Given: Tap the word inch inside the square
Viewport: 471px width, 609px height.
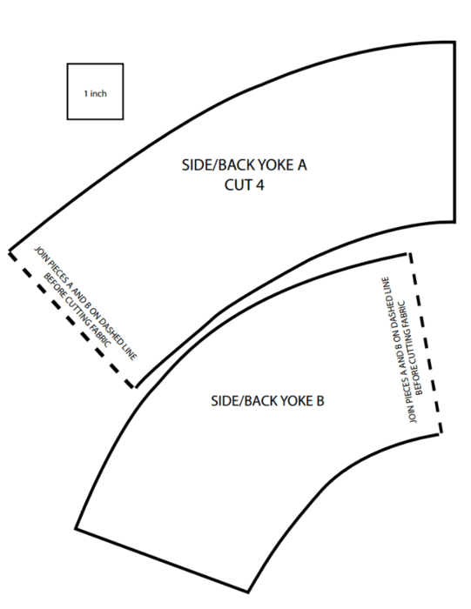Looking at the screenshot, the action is click(98, 94).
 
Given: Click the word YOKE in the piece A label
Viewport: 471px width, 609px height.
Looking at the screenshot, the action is click(275, 165).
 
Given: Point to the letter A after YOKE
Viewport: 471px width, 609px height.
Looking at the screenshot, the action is click(302, 165).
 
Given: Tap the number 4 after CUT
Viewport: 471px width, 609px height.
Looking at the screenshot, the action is click(259, 184).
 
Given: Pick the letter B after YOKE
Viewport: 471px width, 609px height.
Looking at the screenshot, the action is click(320, 401).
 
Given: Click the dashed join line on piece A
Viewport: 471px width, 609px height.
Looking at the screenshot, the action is click(71, 319).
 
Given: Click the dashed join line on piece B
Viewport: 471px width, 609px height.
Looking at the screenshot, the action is click(424, 343).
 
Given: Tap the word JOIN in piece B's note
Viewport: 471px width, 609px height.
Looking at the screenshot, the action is click(413, 415).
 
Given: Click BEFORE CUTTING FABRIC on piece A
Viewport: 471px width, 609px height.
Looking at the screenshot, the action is click(77, 310).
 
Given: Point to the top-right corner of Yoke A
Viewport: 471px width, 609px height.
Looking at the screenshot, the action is click(454, 43).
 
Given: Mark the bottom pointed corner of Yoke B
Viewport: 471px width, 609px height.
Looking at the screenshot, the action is click(247, 592).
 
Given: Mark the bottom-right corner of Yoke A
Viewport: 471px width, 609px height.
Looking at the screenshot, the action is click(454, 222).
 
